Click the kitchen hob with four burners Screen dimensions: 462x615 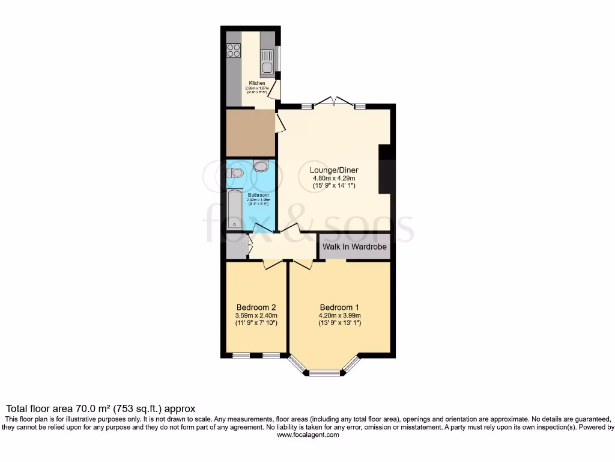click(234, 52)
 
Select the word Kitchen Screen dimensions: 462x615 click(257, 83)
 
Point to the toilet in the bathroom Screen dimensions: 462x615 click(236, 173)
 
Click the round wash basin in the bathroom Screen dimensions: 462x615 click(261, 165)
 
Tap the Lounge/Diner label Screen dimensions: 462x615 click(334, 170)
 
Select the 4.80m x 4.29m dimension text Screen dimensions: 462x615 click(334, 178)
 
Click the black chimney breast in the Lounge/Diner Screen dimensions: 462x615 click(387, 169)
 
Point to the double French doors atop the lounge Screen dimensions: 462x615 click(334, 102)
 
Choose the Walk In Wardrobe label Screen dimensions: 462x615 click(354, 247)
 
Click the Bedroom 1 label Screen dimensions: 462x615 click(339, 306)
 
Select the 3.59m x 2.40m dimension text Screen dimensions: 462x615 click(256, 315)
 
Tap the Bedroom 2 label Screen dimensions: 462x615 click(256, 306)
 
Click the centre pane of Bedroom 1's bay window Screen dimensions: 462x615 click(324, 374)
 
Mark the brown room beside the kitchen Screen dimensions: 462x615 click(250, 133)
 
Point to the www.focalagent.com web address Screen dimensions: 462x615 click(307, 435)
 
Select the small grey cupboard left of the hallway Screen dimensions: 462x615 click(237, 246)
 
